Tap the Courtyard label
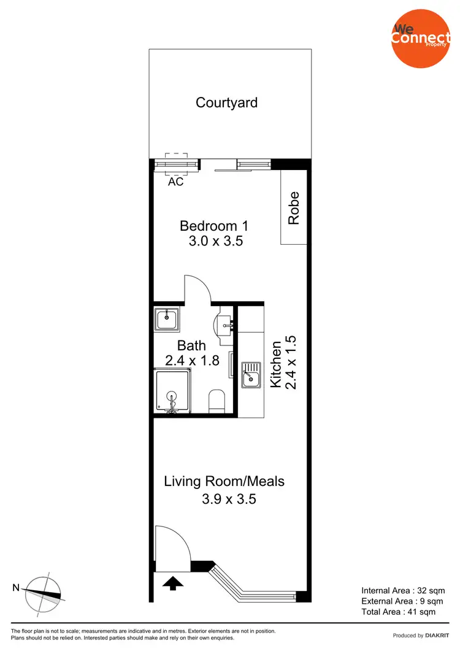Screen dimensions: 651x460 [x=226, y=102]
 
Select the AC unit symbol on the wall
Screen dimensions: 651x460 [x=176, y=164]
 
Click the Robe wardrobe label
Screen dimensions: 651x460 [x=294, y=207]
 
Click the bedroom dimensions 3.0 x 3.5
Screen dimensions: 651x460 [x=216, y=241]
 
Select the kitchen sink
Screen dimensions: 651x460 [x=251, y=375]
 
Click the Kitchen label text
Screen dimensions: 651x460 [x=276, y=364]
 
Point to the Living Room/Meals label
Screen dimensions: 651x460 [x=224, y=481]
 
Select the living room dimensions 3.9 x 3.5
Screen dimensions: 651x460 [x=228, y=499]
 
